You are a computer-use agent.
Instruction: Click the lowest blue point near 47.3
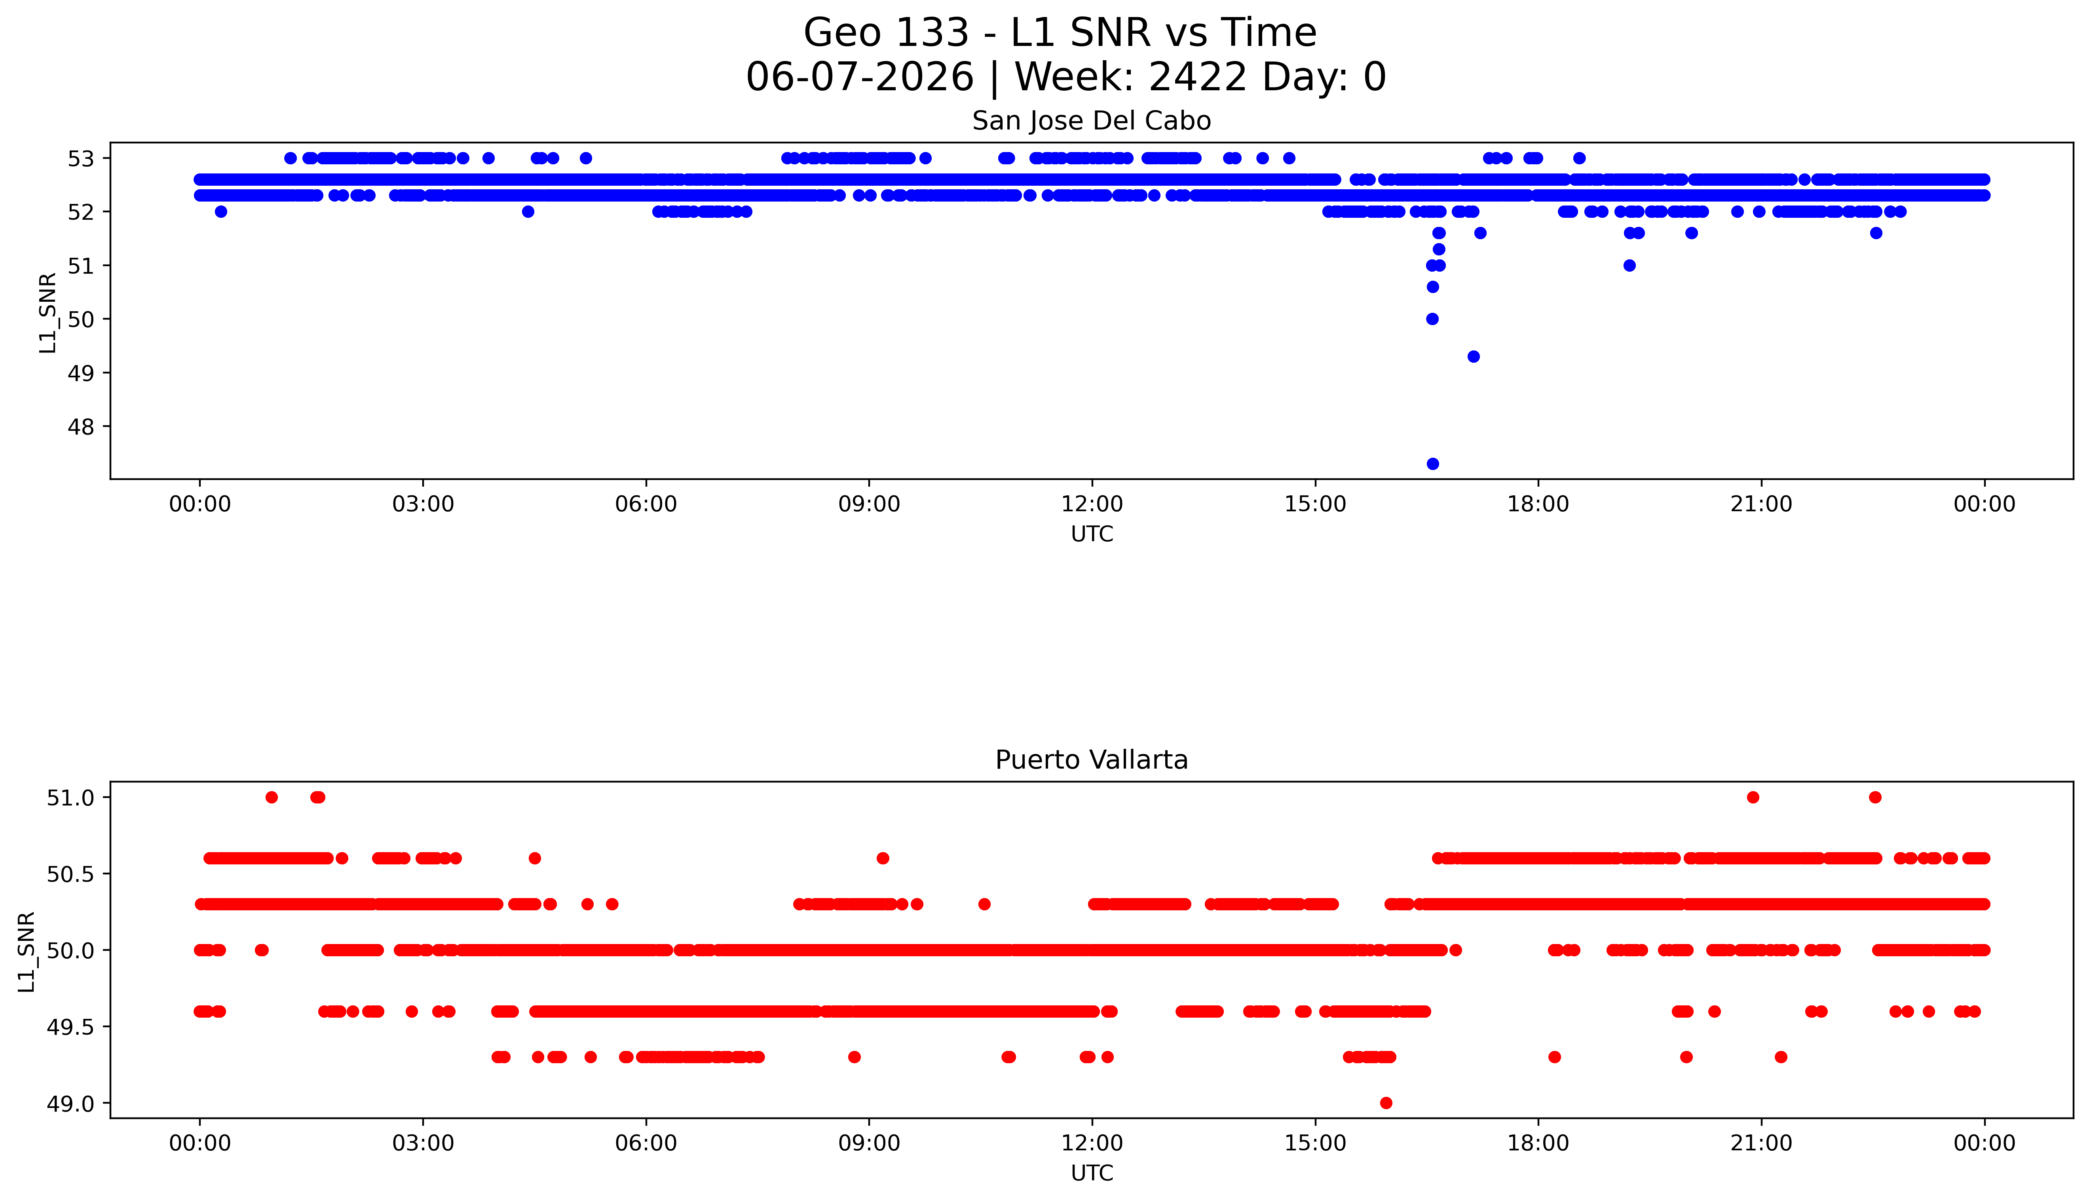pyautogui.click(x=1433, y=464)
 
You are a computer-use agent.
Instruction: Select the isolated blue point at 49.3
pyautogui.click(x=1473, y=356)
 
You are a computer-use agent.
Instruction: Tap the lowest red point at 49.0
pyautogui.click(x=1386, y=1103)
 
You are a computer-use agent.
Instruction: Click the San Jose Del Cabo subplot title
pyautogui.click(x=1092, y=121)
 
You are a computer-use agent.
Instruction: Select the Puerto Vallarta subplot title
pyautogui.click(x=1092, y=760)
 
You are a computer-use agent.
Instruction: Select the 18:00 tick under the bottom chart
pyautogui.click(x=1538, y=1143)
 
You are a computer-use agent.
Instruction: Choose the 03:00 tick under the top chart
pyautogui.click(x=423, y=504)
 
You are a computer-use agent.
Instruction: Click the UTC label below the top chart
pyautogui.click(x=1092, y=535)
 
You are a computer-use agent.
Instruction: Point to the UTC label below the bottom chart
pyautogui.click(x=1092, y=1173)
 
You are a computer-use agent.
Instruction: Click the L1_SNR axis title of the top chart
pyautogui.click(x=48, y=314)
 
